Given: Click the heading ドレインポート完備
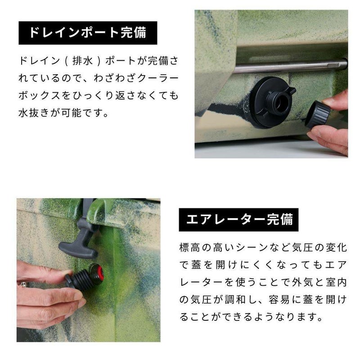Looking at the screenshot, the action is click(88, 32).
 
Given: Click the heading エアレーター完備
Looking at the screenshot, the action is click(239, 220).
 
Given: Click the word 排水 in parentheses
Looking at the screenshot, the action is click(82, 61).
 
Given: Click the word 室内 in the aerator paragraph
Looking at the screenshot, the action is click(336, 283).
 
